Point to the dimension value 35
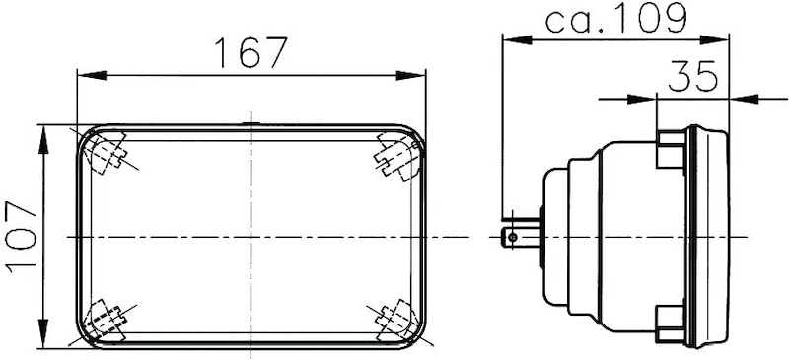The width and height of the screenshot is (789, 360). [x=692, y=77]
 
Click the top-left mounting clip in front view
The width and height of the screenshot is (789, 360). [x=107, y=153]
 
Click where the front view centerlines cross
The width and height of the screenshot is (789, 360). [x=251, y=238]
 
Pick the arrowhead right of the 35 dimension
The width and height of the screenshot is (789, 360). [x=739, y=98]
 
